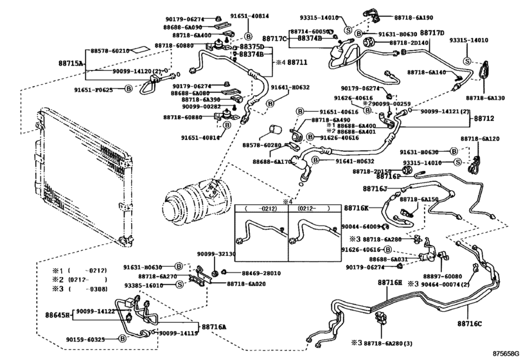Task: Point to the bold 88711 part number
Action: pyautogui.click(x=297, y=63)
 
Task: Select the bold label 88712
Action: pyautogui.click(x=484, y=118)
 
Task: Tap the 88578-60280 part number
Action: pyautogui.click(x=263, y=146)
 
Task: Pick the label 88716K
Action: pyautogui.click(x=356, y=208)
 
